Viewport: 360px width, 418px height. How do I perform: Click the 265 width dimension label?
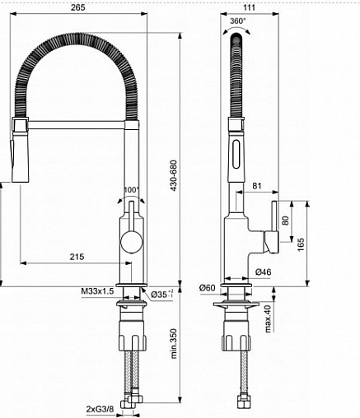[78, 7]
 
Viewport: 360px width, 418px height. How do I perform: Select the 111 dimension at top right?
[250, 7]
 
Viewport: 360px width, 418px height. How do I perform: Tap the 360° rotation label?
[238, 21]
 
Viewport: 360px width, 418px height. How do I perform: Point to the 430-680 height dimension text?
[174, 175]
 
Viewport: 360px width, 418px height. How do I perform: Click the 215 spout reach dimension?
[77, 257]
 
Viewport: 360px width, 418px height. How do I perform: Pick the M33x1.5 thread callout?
[97, 291]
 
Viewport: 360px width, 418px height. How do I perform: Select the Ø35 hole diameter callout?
[162, 294]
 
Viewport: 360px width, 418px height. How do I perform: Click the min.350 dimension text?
[174, 344]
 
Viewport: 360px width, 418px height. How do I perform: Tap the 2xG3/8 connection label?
[100, 409]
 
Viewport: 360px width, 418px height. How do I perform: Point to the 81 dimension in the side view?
[257, 186]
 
